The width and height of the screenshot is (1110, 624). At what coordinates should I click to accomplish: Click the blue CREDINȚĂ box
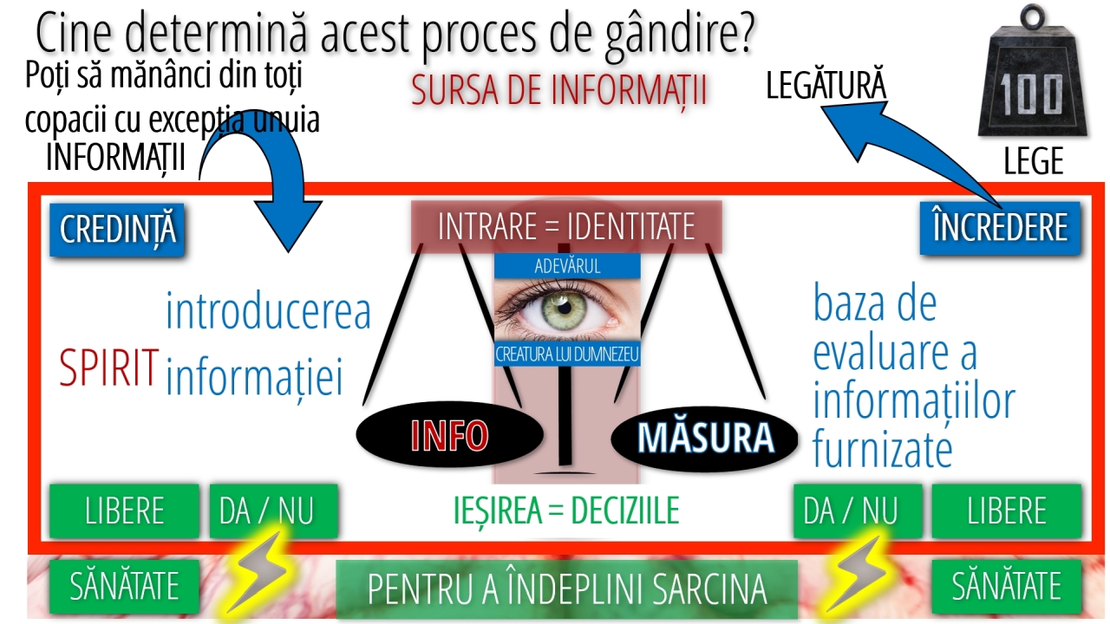(x=117, y=230)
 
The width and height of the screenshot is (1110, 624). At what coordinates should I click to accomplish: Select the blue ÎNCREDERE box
(x=1000, y=228)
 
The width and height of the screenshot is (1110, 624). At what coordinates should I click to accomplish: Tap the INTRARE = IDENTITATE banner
(x=566, y=227)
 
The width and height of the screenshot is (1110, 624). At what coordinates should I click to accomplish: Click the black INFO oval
(x=449, y=435)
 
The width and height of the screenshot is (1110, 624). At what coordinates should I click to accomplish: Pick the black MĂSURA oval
(x=705, y=438)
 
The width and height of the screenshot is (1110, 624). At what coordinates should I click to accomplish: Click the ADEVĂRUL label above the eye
(x=567, y=266)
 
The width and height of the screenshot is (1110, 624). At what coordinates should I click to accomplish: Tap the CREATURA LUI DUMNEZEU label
(x=567, y=354)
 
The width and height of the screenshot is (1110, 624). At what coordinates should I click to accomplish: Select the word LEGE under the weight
(x=1034, y=161)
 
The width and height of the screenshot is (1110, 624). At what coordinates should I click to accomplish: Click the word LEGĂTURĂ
(x=826, y=85)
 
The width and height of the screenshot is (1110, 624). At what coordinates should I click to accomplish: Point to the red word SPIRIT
(x=108, y=367)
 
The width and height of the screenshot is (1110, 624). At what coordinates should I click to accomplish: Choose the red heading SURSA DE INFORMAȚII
(x=559, y=90)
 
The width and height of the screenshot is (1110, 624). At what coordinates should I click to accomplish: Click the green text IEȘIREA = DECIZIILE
(x=566, y=510)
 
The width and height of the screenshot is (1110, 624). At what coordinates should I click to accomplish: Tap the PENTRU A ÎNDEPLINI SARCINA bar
(x=567, y=588)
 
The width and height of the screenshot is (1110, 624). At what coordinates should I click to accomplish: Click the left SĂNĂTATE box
(x=124, y=586)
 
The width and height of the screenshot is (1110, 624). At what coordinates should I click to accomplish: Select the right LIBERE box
(x=1007, y=510)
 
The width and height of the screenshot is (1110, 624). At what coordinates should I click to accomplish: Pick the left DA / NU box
(x=273, y=510)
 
